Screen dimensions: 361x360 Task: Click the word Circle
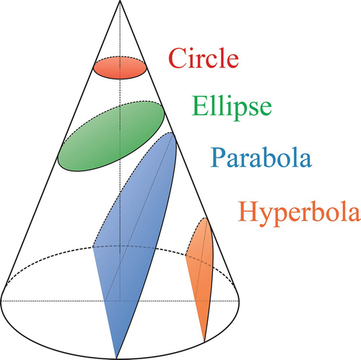(x=204, y=58)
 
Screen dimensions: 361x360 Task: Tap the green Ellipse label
(x=232, y=108)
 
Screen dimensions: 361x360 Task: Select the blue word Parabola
(x=261, y=158)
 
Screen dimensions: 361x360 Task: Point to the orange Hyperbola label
(x=300, y=214)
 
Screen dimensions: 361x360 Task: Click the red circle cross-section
(x=120, y=68)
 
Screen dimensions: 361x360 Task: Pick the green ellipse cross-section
(x=111, y=137)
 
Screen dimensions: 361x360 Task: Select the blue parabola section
(x=135, y=241)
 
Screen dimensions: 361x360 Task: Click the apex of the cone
(x=120, y=1)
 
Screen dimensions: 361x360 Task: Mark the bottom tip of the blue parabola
(x=116, y=359)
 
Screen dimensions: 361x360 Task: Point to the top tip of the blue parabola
(x=171, y=132)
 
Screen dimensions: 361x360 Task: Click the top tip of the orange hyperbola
(x=205, y=218)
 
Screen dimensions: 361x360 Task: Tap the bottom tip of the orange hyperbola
(x=204, y=342)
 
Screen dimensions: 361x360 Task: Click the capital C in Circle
(x=178, y=58)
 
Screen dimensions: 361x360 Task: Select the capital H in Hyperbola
(x=250, y=212)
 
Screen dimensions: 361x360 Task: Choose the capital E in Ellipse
(x=201, y=106)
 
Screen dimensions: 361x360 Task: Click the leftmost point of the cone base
(x=1, y=301)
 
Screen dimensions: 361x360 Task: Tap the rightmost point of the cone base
(x=239, y=301)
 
